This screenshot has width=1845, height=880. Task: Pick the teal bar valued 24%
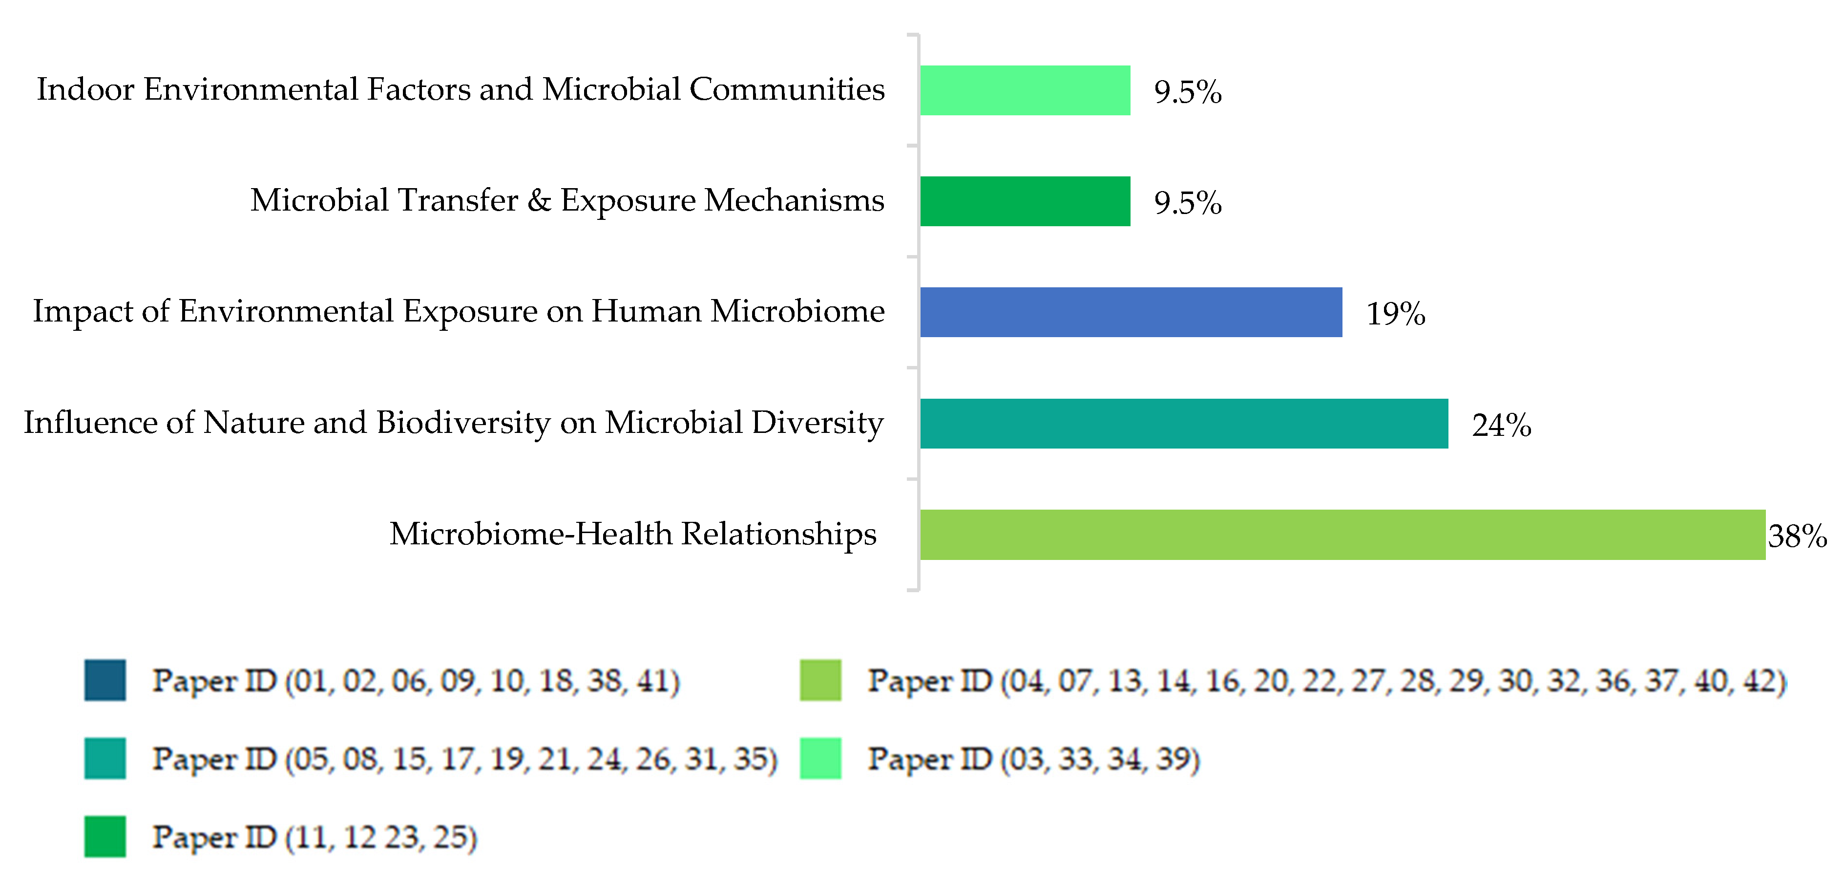1183,424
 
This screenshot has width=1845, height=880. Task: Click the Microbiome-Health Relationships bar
1342,535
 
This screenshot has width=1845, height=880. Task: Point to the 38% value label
1796,536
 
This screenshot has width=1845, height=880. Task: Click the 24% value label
1501,425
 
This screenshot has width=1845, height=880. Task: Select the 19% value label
1395,314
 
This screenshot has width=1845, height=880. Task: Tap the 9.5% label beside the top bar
1187,92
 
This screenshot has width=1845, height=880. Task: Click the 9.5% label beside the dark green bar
1187,203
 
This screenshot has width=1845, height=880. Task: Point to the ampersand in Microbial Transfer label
539,201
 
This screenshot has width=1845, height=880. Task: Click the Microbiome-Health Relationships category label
632,534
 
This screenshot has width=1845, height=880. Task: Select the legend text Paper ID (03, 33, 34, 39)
1033,758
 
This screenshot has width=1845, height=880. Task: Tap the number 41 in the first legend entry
653,681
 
